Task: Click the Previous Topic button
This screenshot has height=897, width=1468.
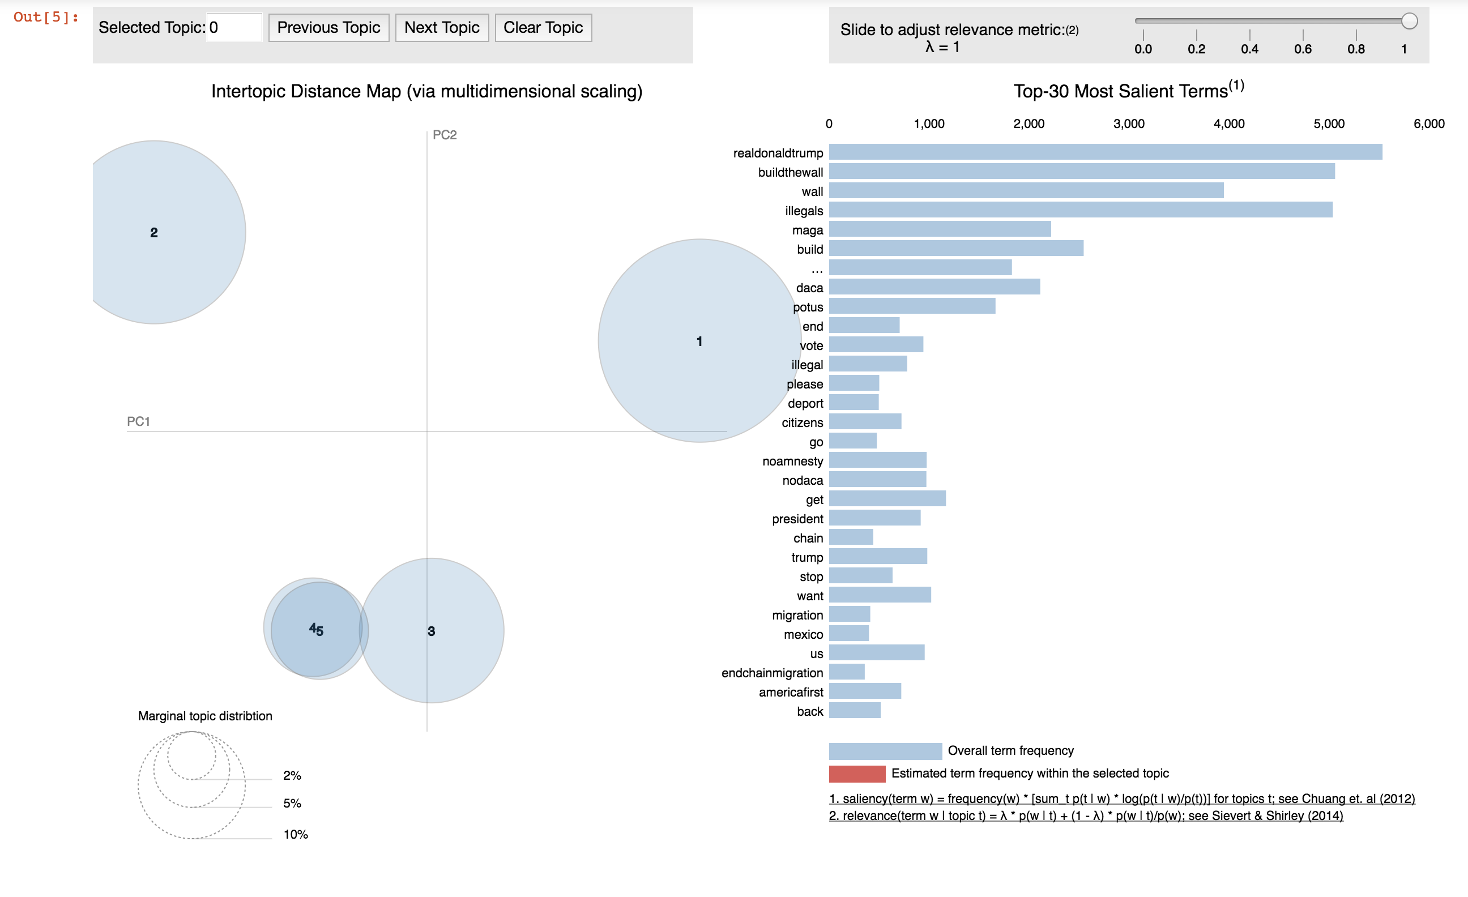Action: tap(328, 28)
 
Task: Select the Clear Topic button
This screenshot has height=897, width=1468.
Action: tap(543, 28)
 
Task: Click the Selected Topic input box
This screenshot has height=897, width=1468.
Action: tap(233, 28)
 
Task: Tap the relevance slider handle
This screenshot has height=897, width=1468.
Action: tap(1409, 22)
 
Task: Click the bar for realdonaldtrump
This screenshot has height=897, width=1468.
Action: tap(1105, 152)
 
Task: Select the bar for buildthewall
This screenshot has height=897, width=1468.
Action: tap(1081, 172)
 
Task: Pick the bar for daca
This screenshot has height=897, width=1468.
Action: tap(934, 287)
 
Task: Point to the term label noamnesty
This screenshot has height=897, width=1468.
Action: tap(792, 462)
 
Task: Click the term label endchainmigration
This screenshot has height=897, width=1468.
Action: tap(771, 673)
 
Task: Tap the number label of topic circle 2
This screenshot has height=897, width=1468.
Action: tap(153, 233)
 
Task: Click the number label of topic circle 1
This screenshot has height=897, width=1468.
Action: tap(699, 341)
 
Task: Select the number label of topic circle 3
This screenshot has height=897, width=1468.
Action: tap(432, 631)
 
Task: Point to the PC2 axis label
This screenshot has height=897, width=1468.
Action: tap(445, 135)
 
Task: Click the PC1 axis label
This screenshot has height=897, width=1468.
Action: tap(138, 422)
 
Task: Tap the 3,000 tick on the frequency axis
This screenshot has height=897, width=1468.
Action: tap(1128, 124)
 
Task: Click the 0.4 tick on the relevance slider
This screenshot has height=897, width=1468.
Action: tap(1249, 49)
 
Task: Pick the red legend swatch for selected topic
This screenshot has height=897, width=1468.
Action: tap(857, 774)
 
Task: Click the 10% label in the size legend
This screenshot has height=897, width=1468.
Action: tap(296, 835)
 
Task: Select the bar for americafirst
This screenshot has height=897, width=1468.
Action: tap(864, 691)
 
